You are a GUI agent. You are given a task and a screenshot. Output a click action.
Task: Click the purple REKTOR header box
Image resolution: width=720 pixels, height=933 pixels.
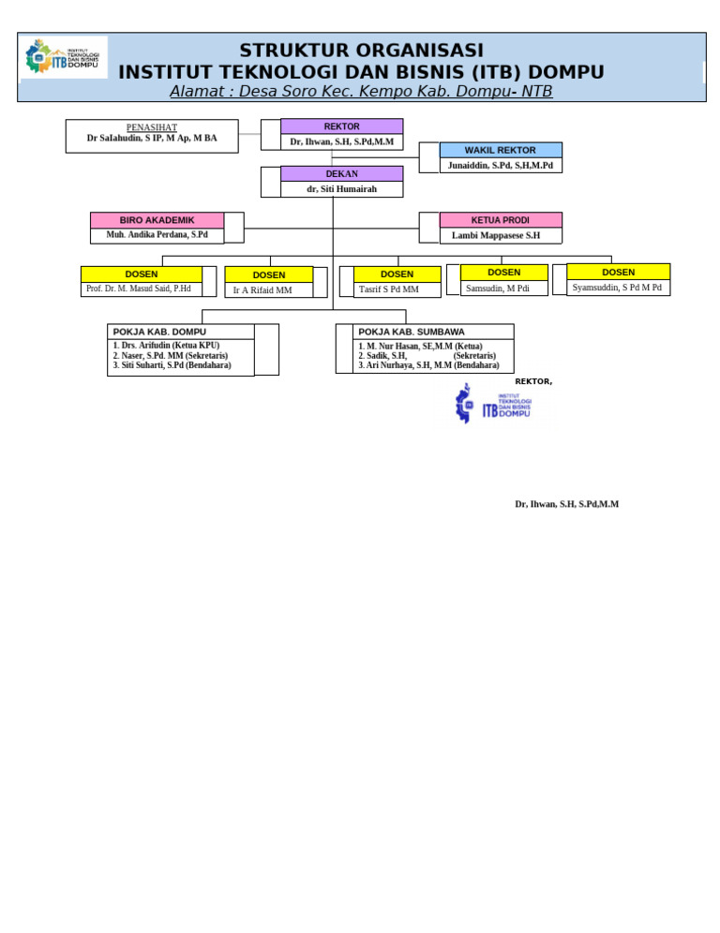(x=341, y=126)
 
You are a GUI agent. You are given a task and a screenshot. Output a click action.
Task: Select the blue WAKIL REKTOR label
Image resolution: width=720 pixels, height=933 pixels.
(x=501, y=150)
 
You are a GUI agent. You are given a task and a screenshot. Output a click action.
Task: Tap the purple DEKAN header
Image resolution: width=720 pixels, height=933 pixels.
(x=341, y=174)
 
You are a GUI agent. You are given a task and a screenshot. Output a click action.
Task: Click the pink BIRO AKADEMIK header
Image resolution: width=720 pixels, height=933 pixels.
(x=157, y=220)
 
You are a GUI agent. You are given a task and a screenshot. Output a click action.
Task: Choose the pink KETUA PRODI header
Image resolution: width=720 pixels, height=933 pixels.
(x=501, y=220)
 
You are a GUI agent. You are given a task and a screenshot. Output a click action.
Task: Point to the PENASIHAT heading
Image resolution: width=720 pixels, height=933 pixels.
(x=152, y=127)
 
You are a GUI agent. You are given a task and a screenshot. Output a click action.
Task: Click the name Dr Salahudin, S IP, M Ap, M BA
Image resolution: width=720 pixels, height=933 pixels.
(x=152, y=139)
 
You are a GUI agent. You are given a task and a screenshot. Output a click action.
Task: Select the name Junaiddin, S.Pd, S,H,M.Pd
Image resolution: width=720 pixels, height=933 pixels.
(x=501, y=165)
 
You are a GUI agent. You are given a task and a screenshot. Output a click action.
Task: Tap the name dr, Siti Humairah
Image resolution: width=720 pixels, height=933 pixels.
(x=341, y=189)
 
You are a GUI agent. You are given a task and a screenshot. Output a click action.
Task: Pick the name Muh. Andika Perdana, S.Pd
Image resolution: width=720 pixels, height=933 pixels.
(x=157, y=235)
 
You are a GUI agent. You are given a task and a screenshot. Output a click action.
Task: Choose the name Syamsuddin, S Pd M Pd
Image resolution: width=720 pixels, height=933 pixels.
(x=617, y=288)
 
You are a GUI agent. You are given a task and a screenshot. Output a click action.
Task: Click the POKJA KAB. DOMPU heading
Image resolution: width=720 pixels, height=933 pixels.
(x=159, y=332)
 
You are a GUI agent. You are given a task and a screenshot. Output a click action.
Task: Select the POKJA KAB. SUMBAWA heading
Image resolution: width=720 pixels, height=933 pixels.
(x=412, y=332)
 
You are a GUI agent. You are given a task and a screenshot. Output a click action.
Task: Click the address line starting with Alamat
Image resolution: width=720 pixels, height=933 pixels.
(x=361, y=92)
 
